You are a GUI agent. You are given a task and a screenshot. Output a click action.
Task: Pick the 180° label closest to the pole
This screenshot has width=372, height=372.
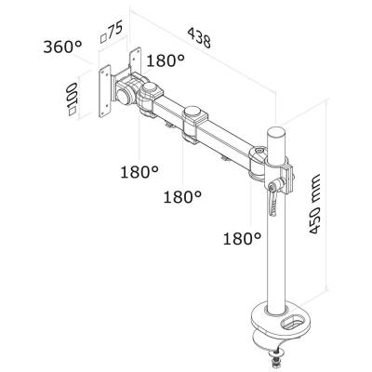pos(242,239)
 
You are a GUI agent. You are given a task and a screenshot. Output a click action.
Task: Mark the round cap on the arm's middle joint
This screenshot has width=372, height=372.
pos(193,114)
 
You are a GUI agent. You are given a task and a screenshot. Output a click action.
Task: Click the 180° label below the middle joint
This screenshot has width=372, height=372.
pos(183,197)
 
